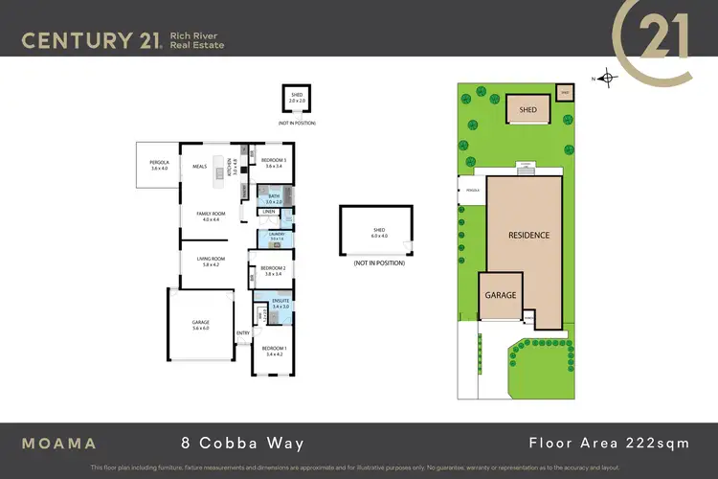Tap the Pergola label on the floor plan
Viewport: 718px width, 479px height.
159,165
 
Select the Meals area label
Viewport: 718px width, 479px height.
199,166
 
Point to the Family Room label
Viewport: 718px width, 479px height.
211,216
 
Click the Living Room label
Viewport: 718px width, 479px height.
211,261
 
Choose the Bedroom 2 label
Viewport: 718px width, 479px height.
276,270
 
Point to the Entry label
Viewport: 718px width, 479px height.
243,333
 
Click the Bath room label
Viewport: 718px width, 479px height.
275,199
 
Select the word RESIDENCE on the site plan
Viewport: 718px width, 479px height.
527,235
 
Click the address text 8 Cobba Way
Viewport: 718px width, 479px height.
243,444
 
